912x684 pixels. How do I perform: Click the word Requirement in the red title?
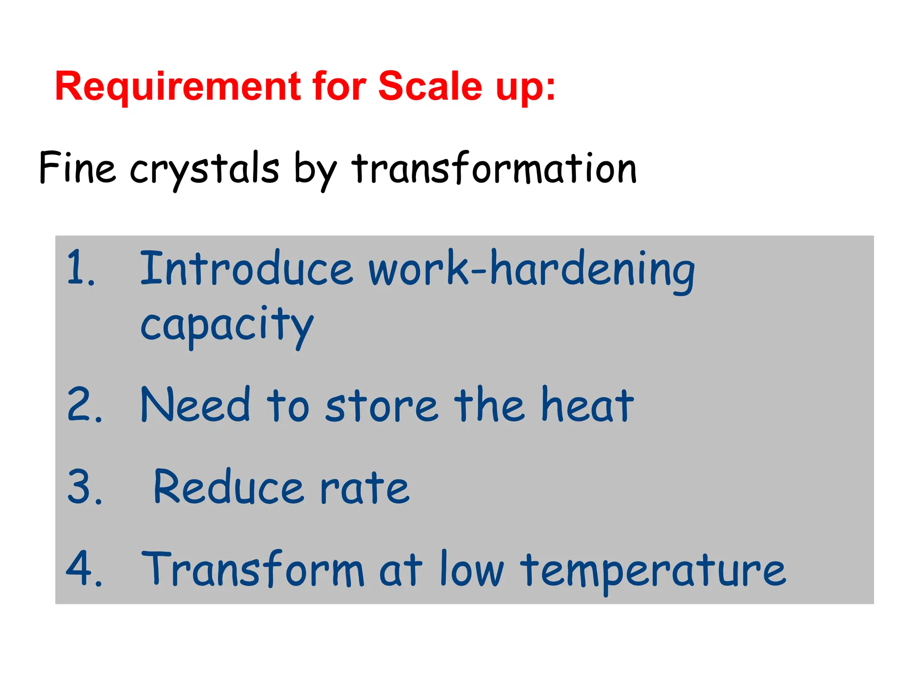click(178, 87)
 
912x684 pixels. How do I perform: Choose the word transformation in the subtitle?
click(494, 168)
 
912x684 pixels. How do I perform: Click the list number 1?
click(80, 269)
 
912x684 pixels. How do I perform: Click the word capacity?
click(227, 325)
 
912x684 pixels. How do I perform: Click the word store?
click(381, 406)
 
